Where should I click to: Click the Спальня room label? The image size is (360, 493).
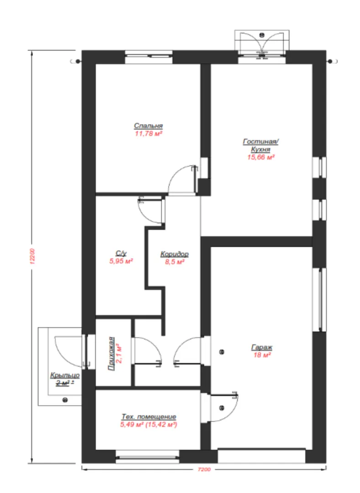point(148,126)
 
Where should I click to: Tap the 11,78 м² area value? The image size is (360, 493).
point(148,134)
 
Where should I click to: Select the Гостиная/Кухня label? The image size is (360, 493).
point(260,145)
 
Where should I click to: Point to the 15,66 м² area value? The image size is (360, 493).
point(260,157)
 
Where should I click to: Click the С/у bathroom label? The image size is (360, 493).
point(121,253)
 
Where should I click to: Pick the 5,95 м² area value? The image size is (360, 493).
point(121,261)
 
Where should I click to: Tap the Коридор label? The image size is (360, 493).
point(175,254)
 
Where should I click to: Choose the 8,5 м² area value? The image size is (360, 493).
point(175,262)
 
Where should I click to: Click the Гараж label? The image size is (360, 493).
point(261,347)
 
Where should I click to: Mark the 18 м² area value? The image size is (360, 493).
point(262,355)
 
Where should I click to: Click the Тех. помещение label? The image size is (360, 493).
point(148,417)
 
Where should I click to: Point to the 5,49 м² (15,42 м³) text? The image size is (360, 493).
point(148,425)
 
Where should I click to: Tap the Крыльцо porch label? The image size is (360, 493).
point(65,375)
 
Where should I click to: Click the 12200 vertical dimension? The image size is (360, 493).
point(32,256)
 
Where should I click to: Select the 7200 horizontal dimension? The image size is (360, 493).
point(204,470)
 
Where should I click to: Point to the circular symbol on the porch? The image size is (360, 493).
point(65,400)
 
